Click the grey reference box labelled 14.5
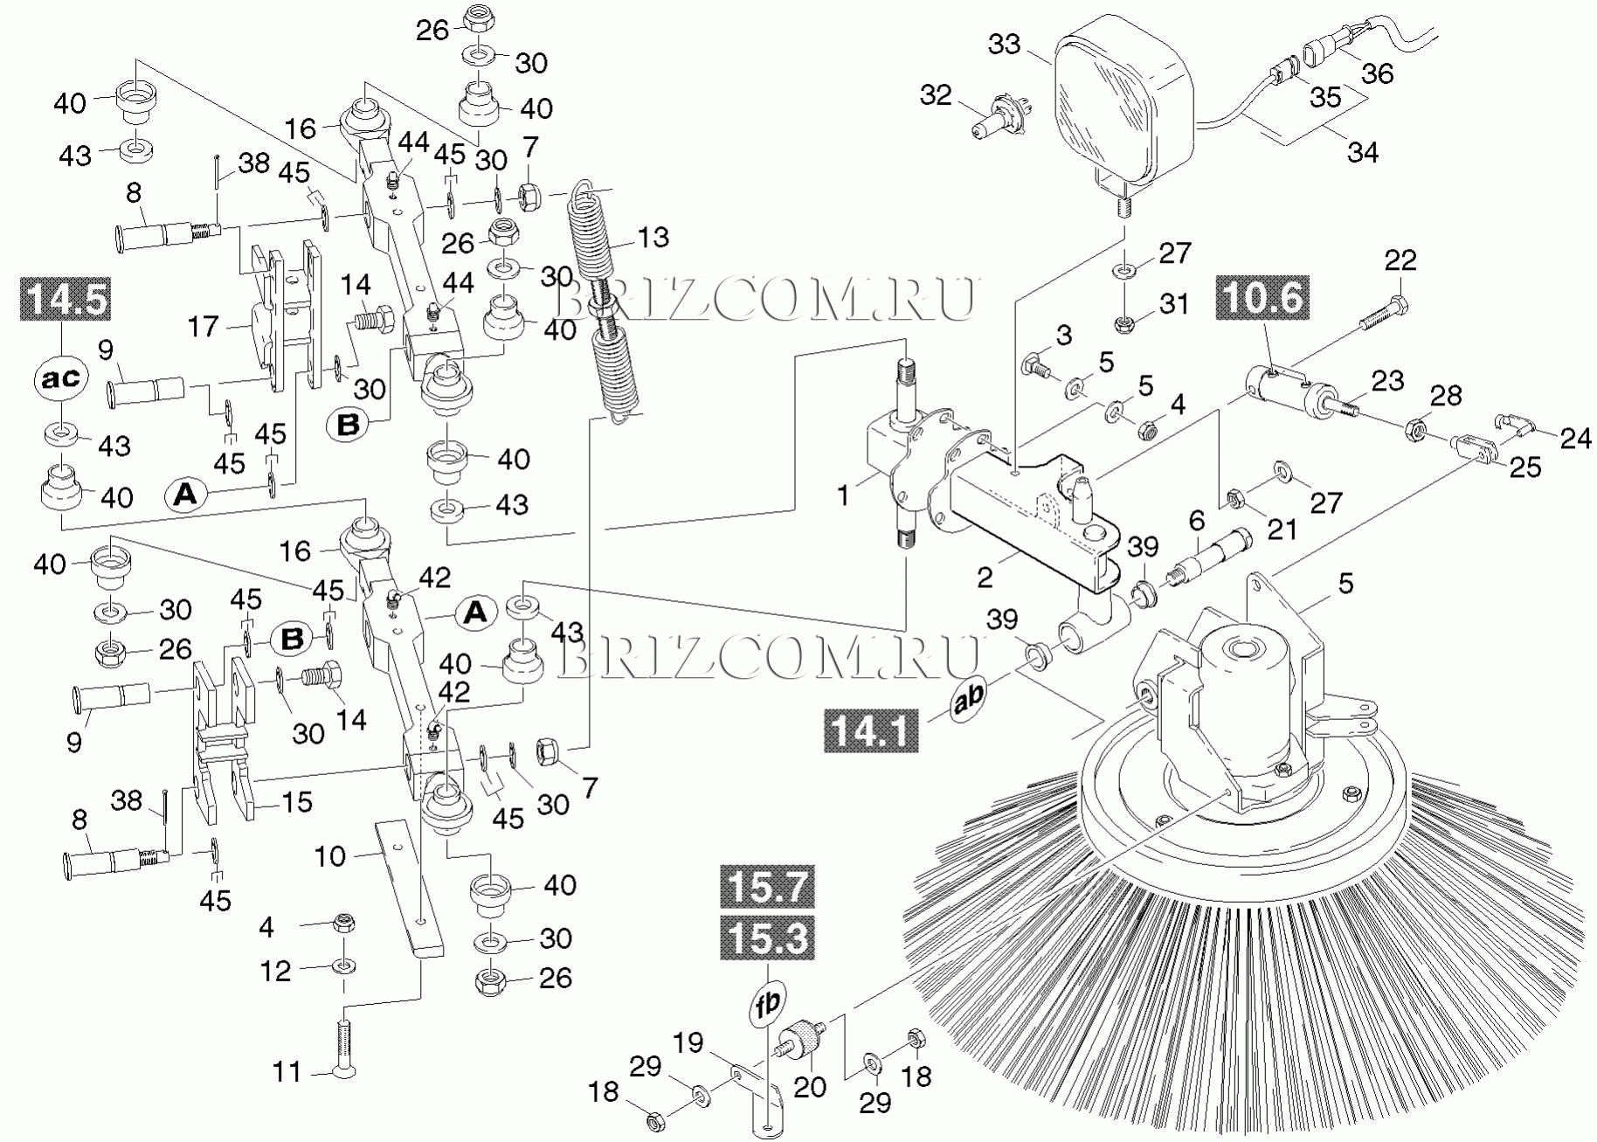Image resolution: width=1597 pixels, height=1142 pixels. coord(66,299)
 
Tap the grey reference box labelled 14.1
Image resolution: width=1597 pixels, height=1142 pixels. coord(870,730)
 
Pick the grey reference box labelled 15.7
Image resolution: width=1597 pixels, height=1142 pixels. coord(767,887)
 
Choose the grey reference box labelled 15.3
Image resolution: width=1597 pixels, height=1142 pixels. coord(767,938)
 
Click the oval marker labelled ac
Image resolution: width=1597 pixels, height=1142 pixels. coord(61,378)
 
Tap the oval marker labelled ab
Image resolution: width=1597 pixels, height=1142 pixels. coord(968,697)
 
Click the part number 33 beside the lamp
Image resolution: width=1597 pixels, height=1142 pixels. coord(1004,44)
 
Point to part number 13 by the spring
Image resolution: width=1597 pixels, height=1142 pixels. coord(653,238)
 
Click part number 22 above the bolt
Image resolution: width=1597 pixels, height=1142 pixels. coord(1400,260)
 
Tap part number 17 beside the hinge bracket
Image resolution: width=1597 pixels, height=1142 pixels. coord(203,327)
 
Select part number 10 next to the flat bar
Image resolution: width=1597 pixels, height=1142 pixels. coord(330,856)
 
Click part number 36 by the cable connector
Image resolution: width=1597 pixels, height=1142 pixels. coord(1378,73)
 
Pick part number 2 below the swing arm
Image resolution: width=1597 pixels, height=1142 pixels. coord(985,577)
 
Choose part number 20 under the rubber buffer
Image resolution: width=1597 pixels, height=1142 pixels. coord(809,1087)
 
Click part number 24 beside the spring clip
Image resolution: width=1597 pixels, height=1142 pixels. coord(1575,438)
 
